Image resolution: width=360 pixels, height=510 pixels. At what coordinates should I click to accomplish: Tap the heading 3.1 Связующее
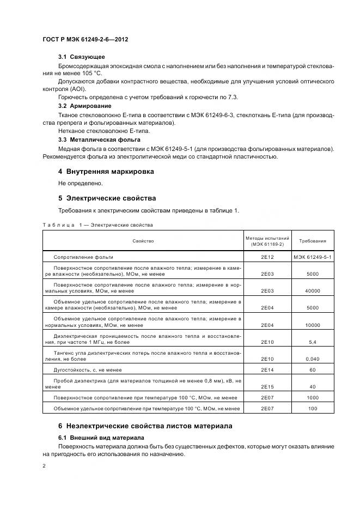click(x=82, y=57)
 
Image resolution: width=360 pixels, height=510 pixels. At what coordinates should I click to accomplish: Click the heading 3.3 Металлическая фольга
click(x=96, y=140)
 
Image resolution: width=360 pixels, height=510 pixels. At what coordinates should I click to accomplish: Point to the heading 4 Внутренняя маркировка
click(x=106, y=172)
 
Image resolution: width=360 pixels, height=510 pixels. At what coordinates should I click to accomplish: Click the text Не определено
click(x=80, y=184)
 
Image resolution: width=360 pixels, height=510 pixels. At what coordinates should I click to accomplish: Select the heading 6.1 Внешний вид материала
click(x=101, y=438)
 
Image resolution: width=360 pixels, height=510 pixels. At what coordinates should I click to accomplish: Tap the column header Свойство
click(x=143, y=240)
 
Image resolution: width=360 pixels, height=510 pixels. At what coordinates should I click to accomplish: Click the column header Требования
click(x=313, y=240)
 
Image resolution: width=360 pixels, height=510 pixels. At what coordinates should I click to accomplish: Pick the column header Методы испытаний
click(x=266, y=238)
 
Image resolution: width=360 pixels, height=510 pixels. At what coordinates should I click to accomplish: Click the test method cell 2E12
click(x=266, y=257)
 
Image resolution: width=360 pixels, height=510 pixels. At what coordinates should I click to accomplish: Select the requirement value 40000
click(x=313, y=291)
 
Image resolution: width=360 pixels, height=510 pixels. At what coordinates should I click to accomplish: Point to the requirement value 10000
click(x=313, y=325)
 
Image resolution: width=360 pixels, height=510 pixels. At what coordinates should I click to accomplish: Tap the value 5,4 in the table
click(x=313, y=342)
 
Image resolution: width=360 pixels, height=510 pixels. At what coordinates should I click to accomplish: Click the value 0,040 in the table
click(x=313, y=359)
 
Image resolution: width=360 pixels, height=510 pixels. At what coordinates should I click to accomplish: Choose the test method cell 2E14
click(x=266, y=369)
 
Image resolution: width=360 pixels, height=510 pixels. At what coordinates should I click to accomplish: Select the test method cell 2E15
click(x=266, y=386)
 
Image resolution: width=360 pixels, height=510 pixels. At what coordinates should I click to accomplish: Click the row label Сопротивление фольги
click(x=83, y=257)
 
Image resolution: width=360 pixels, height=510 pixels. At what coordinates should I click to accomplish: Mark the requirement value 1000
click(x=313, y=397)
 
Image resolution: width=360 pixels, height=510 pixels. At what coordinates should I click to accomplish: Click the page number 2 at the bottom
click(x=44, y=466)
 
